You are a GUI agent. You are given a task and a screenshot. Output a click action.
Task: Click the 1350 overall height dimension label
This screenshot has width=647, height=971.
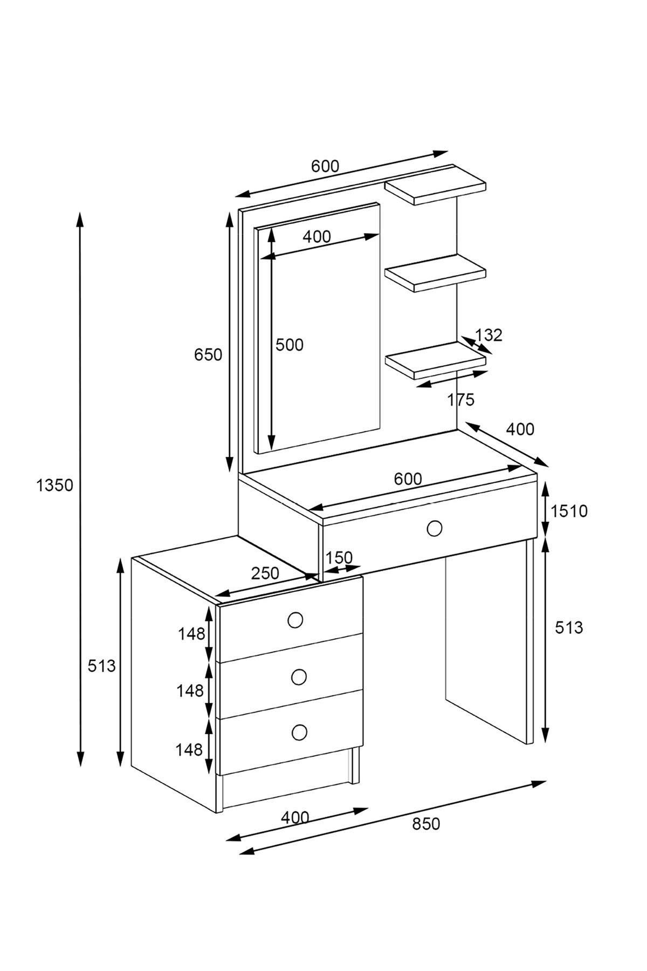pos(54,485)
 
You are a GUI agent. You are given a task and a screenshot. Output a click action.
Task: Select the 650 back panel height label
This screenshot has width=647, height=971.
pos(208,354)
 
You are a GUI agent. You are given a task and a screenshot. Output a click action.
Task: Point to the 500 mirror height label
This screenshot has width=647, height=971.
pos(290,345)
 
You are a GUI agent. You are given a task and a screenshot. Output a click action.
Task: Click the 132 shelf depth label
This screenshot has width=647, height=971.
pos(488,335)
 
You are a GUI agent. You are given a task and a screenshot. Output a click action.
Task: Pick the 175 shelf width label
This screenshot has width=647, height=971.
pos(461,400)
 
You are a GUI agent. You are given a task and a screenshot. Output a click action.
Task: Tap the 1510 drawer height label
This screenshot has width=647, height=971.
pos(569,511)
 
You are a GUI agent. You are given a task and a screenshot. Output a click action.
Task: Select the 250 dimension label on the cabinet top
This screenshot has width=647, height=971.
pos(265,573)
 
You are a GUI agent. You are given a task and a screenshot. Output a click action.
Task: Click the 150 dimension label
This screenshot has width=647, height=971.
pos(339,557)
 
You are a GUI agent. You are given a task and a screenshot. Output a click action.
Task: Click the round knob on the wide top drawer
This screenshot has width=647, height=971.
pos(434,528)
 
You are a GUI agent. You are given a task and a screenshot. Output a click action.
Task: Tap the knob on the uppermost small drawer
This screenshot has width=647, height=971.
pos(295,621)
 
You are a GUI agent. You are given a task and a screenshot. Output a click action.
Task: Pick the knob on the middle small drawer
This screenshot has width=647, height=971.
pos(298,676)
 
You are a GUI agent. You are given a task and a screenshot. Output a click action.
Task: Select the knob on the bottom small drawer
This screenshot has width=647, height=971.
pos(299,732)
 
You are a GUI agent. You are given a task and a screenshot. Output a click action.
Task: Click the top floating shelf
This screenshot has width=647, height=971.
pos(436,184)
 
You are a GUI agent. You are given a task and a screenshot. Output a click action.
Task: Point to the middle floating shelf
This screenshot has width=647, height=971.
pos(436,272)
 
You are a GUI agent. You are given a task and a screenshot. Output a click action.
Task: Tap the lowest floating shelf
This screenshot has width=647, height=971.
pos(436,360)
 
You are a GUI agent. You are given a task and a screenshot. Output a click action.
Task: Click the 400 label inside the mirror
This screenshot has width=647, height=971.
pos(316,236)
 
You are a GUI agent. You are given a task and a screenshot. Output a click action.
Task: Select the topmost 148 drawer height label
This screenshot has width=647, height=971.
pos(192,634)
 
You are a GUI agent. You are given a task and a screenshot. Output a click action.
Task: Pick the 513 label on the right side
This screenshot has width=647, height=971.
pos(569,627)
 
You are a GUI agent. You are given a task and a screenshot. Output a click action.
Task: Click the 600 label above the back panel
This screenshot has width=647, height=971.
pos(325,166)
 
